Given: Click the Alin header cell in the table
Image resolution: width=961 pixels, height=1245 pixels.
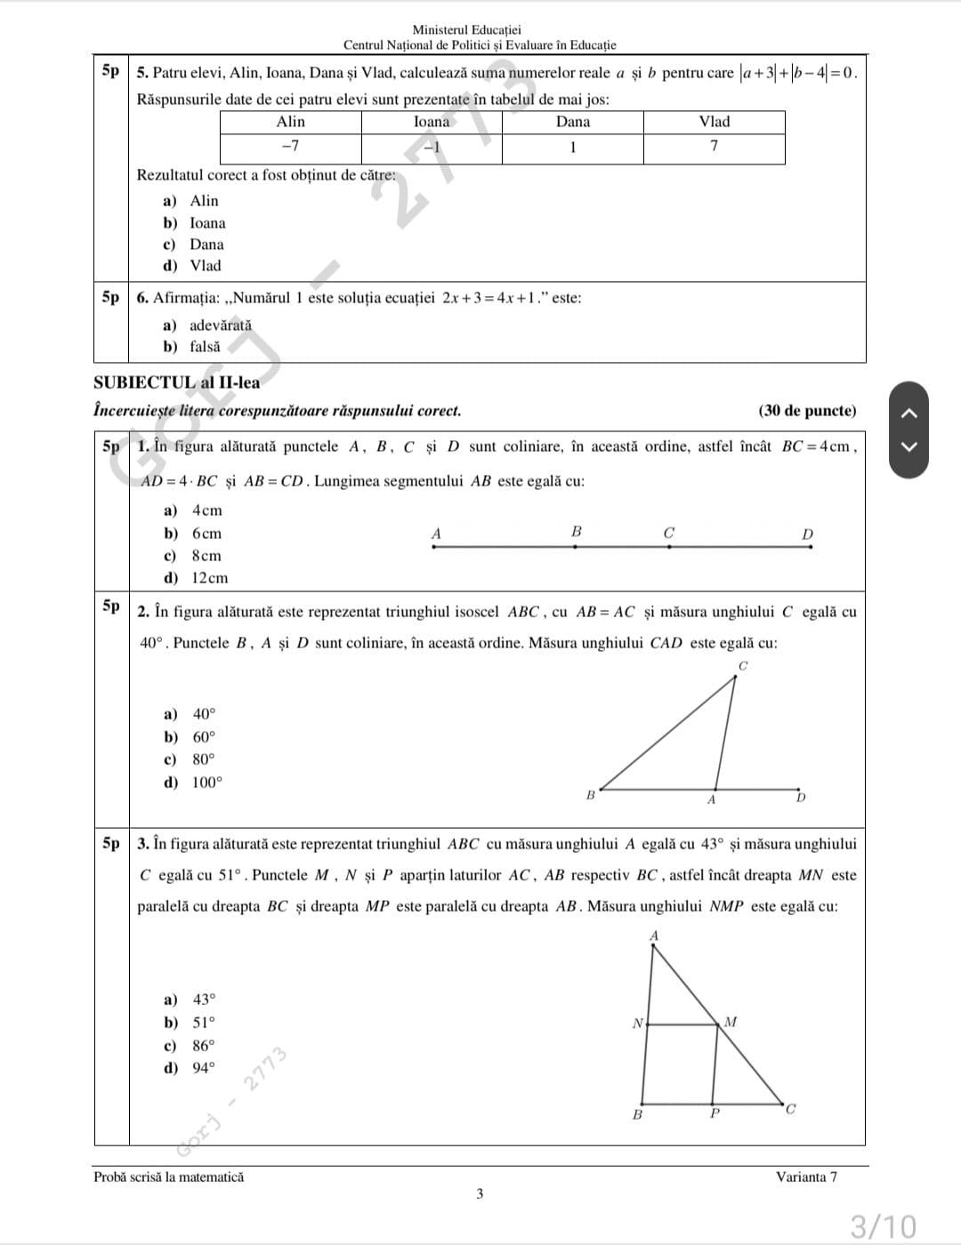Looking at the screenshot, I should tap(290, 123).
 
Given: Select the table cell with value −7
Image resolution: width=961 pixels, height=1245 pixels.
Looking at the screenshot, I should tap(290, 147).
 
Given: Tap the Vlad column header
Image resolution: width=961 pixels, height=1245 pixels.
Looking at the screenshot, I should tap(714, 123).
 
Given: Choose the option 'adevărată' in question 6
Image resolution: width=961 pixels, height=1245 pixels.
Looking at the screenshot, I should tap(220, 325).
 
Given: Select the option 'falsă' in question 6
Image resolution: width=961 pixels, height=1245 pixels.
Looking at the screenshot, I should tap(205, 347).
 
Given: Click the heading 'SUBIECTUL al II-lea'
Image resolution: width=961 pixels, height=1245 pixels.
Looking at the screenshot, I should tap(177, 383).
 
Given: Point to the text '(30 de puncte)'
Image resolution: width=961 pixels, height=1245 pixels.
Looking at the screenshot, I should tap(807, 411).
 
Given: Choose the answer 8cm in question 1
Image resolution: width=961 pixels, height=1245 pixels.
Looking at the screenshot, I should tap(206, 556).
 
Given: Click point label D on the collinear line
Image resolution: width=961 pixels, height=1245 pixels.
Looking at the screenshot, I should tap(807, 534).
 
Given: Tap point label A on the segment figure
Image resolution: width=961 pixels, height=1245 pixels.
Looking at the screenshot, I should tap(436, 534).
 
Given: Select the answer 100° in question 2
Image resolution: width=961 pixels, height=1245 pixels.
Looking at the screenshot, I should tap(207, 783).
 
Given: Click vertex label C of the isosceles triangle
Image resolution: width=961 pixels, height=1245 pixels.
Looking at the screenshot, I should tap(743, 666).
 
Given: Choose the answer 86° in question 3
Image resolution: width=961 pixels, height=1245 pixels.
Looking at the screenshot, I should tap(204, 1046).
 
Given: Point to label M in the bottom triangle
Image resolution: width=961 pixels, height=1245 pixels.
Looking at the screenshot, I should tap(731, 1022).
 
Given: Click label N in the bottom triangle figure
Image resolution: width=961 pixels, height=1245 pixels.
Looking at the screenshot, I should tap(637, 1024).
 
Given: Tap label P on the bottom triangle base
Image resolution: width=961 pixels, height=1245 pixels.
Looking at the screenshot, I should tap(714, 1113).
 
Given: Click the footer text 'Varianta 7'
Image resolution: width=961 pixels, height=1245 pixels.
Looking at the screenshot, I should tap(806, 1177).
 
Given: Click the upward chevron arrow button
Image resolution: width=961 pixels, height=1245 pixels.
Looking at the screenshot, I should tap(909, 411).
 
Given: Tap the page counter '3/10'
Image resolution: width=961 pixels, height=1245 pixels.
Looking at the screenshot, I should tap(883, 1226).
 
